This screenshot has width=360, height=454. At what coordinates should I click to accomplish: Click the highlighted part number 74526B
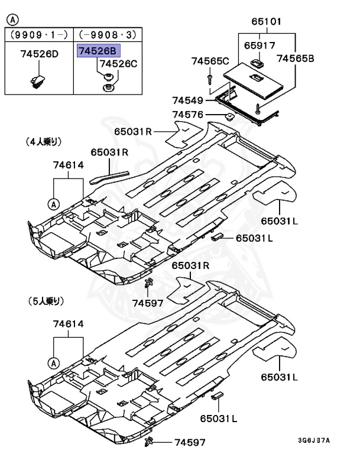pos(98,52)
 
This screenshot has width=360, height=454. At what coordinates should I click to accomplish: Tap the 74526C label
pos(118,64)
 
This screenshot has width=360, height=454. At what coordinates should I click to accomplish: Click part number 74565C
pos(209,60)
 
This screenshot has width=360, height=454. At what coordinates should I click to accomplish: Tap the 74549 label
pos(187,100)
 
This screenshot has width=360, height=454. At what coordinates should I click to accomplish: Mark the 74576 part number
pos(187,115)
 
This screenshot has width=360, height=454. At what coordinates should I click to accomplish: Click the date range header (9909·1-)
pos(39,35)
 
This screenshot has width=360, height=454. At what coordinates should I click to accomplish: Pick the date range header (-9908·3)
pos(107,35)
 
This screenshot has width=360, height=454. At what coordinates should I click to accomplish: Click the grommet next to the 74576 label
pos(229,115)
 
